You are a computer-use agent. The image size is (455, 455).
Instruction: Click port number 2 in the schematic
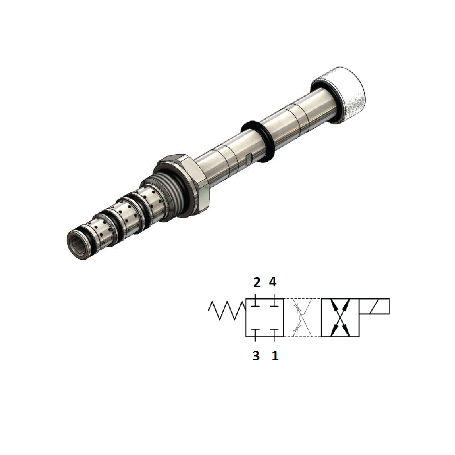257,283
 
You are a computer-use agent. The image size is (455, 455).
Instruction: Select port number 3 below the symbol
256,356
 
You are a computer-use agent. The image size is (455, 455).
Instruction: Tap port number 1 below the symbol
275,356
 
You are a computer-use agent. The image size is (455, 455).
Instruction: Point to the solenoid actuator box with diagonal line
374,306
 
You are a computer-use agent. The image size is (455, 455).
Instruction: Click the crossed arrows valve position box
340,318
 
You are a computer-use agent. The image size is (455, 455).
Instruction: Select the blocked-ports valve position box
265,318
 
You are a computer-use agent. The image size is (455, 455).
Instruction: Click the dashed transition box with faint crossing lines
302,318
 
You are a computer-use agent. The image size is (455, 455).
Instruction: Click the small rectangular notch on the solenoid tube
249,157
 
